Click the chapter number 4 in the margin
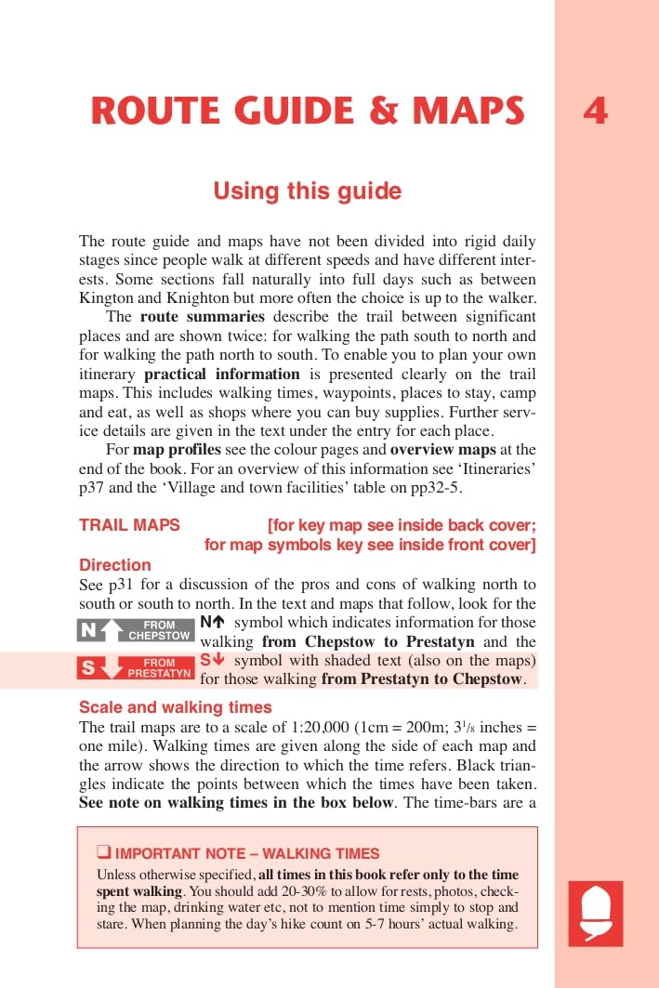point(595,112)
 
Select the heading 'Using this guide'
point(308,191)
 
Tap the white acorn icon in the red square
point(595,913)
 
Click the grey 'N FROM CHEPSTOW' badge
point(135,630)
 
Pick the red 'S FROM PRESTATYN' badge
point(135,667)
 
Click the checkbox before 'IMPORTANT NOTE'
point(103,852)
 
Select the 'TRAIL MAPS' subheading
point(129,525)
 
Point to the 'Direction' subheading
point(114,564)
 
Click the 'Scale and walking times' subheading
point(175,706)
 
